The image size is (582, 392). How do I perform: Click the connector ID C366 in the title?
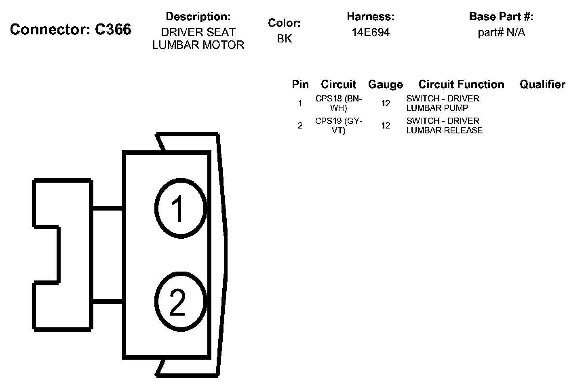(113, 30)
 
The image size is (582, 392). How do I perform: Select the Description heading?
(198, 17)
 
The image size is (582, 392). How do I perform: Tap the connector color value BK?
(284, 39)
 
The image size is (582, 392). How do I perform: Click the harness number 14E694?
(370, 33)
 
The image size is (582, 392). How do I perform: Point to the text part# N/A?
(501, 33)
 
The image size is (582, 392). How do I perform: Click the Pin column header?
(300, 84)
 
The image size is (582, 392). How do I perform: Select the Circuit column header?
(338, 84)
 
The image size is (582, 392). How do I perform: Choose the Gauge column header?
(385, 84)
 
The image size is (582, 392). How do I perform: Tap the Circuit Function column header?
(461, 84)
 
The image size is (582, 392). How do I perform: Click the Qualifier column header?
(542, 84)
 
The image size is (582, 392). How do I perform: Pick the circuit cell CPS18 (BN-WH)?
(339, 103)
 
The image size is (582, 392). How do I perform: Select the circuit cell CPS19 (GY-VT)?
(339, 126)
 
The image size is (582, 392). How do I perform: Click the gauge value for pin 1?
(386, 103)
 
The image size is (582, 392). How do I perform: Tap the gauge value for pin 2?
(386, 126)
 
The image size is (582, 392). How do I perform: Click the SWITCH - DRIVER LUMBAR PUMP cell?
(443, 103)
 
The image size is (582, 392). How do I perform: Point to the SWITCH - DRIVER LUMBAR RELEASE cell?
(444, 126)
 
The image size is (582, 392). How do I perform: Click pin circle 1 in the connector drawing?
(180, 209)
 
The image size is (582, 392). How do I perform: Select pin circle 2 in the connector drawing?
(180, 302)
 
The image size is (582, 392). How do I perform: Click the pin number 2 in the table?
(300, 126)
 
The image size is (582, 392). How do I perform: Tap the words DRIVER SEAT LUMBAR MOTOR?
(198, 39)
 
